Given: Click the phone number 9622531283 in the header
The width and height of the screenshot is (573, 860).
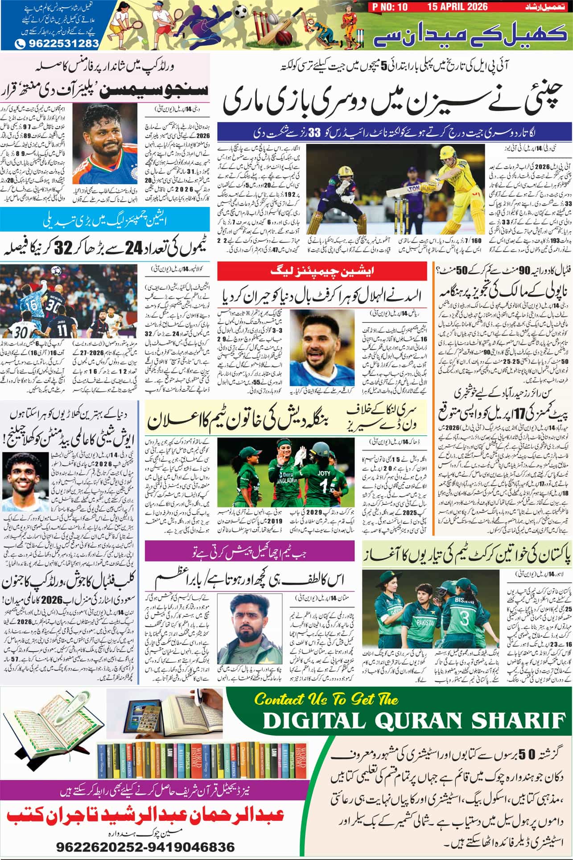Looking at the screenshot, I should click(x=57, y=44).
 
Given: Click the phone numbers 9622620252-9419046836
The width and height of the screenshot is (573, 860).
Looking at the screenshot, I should click(x=145, y=846).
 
